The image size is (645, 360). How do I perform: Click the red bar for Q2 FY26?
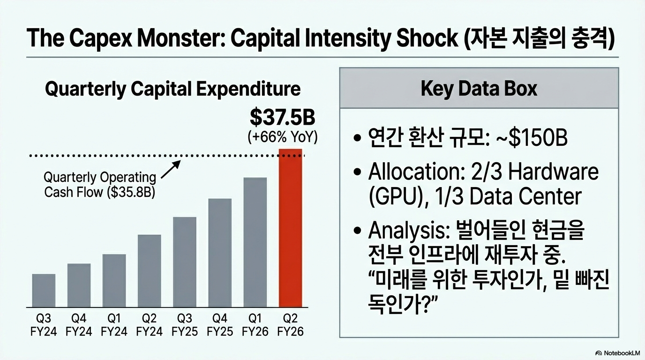click(x=290, y=228)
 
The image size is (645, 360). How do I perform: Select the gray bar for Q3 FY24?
click(x=44, y=290)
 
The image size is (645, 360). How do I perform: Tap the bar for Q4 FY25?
click(x=220, y=253)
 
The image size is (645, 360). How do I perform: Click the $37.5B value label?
click(x=282, y=118)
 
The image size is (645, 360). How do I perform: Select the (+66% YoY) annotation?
click(x=283, y=137)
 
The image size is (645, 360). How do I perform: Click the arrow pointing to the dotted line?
click(x=171, y=170)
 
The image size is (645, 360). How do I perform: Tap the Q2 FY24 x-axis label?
click(x=149, y=325)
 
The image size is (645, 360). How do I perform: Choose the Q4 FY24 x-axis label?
click(x=79, y=325)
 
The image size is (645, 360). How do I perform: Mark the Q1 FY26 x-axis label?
click(x=255, y=325)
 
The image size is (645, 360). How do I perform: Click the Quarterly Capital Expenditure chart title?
click(x=172, y=89)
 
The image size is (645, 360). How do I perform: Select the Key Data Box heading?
click(x=479, y=89)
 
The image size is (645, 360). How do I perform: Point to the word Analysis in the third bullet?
click(x=405, y=230)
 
